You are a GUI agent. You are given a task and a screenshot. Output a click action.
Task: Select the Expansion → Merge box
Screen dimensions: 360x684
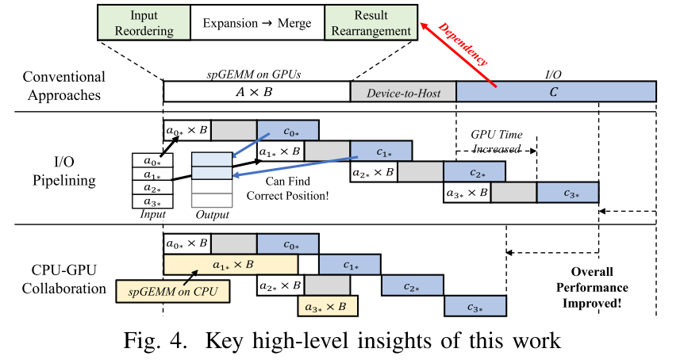256,22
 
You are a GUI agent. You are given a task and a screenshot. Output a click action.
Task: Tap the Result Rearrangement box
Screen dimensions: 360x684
372,22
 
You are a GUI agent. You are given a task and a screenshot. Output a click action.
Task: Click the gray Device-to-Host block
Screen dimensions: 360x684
403,92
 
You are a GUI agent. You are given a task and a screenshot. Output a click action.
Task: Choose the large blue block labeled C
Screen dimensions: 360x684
555,92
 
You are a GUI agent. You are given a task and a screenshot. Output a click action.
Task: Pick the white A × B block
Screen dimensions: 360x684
256,92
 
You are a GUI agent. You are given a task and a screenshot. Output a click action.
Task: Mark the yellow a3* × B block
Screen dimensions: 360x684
327,306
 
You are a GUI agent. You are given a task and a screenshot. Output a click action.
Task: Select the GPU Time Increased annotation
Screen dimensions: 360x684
498,142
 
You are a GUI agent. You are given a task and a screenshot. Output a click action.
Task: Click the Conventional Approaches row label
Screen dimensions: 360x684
63,86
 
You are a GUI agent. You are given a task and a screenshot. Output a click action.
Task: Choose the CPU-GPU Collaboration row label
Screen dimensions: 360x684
63,280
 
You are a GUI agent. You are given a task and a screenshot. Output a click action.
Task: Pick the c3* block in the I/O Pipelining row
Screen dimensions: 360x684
567,193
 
